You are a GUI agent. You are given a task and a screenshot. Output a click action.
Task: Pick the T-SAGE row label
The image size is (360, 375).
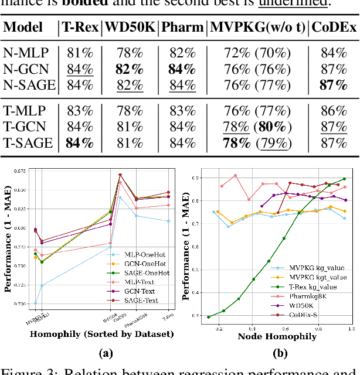[29, 142]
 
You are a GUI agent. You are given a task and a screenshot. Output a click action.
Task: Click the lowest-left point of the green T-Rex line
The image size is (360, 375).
[209, 316]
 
